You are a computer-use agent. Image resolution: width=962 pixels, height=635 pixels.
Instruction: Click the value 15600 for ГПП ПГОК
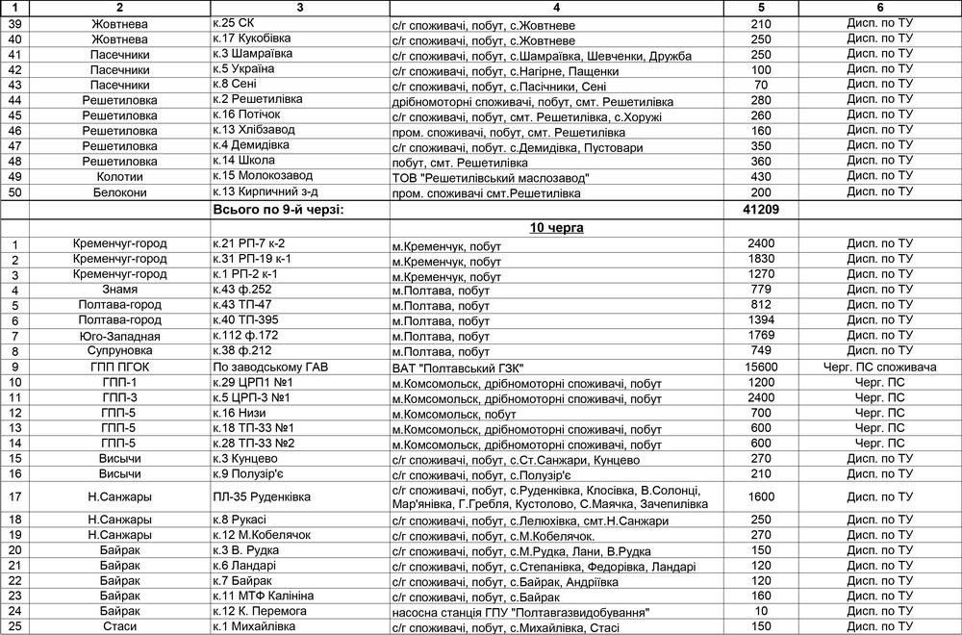coord(760,367)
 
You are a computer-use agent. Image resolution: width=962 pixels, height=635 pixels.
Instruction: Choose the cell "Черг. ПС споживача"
coord(879,367)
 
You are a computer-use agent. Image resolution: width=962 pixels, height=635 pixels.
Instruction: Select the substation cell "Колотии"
coord(119,176)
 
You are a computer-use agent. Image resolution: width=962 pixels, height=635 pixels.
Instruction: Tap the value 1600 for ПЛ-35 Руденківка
coord(760,496)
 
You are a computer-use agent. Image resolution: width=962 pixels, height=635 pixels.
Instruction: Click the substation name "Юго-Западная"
coord(119,336)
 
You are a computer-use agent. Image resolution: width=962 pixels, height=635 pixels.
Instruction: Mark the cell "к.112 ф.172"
coord(245,336)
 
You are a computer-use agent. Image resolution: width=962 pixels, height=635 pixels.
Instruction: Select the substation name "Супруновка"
coord(119,351)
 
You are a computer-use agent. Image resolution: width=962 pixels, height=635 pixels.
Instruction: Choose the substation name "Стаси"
coord(119,627)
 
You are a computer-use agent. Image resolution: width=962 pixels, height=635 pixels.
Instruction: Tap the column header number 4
coord(557,7)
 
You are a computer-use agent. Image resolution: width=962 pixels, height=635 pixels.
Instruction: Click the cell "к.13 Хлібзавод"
coord(254,130)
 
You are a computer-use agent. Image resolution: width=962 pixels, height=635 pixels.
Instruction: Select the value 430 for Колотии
coord(760,176)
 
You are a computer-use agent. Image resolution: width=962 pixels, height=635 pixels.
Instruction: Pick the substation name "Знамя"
coord(119,290)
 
